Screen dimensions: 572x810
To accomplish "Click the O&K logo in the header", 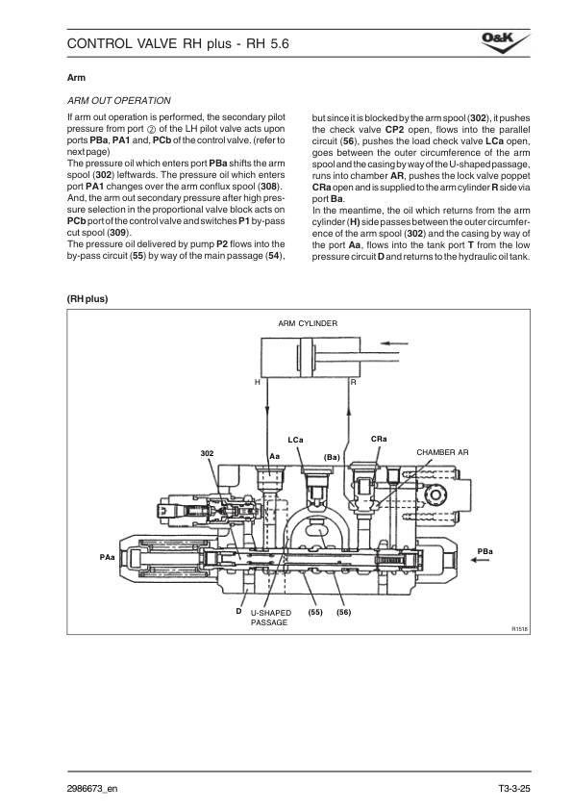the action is click(x=506, y=42).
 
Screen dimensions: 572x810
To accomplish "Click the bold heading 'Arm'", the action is click(x=76, y=78).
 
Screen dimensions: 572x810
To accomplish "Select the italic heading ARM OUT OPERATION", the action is click(x=119, y=101).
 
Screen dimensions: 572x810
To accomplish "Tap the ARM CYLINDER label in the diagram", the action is click(x=308, y=323).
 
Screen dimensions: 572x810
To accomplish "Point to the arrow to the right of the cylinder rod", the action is click(x=394, y=343).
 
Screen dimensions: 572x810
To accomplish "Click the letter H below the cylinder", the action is click(x=257, y=382).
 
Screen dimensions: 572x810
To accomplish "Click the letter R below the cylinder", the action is click(x=353, y=382).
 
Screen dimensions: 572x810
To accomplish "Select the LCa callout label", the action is click(x=295, y=441).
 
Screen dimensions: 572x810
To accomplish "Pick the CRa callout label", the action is click(x=379, y=439).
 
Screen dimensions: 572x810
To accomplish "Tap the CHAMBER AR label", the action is click(x=442, y=452).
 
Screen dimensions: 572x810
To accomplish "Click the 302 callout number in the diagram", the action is click(x=207, y=453).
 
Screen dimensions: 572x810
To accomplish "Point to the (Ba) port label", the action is click(x=332, y=457).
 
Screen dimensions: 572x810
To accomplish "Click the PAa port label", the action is click(x=107, y=557).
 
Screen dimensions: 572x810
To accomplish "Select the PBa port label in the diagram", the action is click(x=485, y=551).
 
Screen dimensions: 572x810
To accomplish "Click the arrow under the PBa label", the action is click(x=484, y=562).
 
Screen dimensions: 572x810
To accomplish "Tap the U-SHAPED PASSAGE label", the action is click(x=270, y=618).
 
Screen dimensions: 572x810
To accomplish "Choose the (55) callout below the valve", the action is click(x=315, y=613).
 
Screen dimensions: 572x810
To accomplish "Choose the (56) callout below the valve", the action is click(x=344, y=613).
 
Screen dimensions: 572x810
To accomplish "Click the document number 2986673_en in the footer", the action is click(x=92, y=788).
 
